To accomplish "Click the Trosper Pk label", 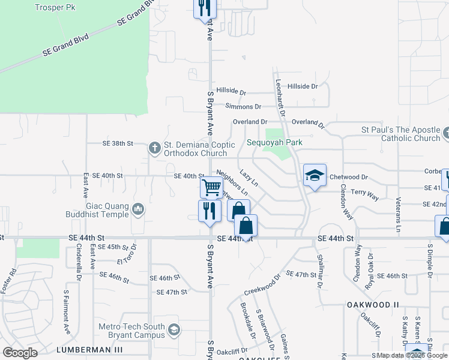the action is click(x=56, y=7).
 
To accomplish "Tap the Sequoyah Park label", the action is click(x=274, y=143).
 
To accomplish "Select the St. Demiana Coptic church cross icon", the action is click(x=154, y=147).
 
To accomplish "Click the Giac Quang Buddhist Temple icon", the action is click(x=139, y=208).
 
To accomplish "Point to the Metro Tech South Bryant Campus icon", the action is click(x=173, y=329).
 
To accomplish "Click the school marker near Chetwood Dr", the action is click(x=314, y=175).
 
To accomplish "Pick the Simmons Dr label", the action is click(x=243, y=107).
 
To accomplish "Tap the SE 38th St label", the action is click(x=116, y=144).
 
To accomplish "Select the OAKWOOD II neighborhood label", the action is click(x=373, y=305).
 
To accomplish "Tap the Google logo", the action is click(x=20, y=352).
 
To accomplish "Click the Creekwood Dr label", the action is click(x=262, y=285).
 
